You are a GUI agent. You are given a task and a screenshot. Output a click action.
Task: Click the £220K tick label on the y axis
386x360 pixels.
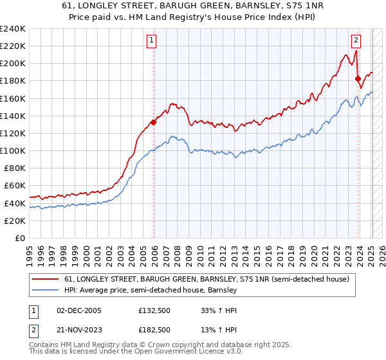13,46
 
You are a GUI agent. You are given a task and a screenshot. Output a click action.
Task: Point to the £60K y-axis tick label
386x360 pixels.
15,186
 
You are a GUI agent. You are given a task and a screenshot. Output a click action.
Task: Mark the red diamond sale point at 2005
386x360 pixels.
153,122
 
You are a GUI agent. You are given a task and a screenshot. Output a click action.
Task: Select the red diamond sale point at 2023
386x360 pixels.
358,79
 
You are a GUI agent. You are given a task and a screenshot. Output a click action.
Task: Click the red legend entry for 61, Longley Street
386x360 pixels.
207,279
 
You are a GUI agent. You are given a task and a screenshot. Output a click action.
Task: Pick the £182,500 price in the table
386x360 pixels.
154,330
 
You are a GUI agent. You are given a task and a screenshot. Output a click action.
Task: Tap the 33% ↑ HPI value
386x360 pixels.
219,310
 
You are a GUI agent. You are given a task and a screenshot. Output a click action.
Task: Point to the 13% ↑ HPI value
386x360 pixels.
219,330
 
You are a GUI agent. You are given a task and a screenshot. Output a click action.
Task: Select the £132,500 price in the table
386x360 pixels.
154,310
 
